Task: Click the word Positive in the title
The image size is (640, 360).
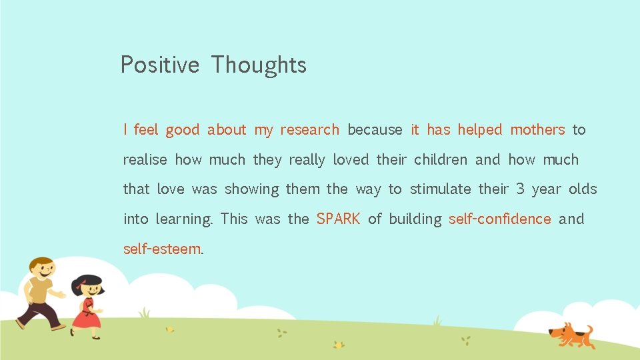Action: click(159, 65)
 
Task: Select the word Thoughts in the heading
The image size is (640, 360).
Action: click(259, 65)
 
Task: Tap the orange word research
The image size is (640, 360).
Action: click(309, 130)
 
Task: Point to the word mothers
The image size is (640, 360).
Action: click(537, 130)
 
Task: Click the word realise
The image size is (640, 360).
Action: click(145, 160)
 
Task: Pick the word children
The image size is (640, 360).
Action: click(440, 160)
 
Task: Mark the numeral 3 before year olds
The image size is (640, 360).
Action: click(520, 189)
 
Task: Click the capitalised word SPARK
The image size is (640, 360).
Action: click(338, 219)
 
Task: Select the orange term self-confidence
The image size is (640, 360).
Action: click(500, 219)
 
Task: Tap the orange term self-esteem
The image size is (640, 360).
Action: click(162, 249)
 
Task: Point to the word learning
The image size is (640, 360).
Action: click(184, 219)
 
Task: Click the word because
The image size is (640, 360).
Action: click(375, 130)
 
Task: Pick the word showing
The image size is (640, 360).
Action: click(251, 189)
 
